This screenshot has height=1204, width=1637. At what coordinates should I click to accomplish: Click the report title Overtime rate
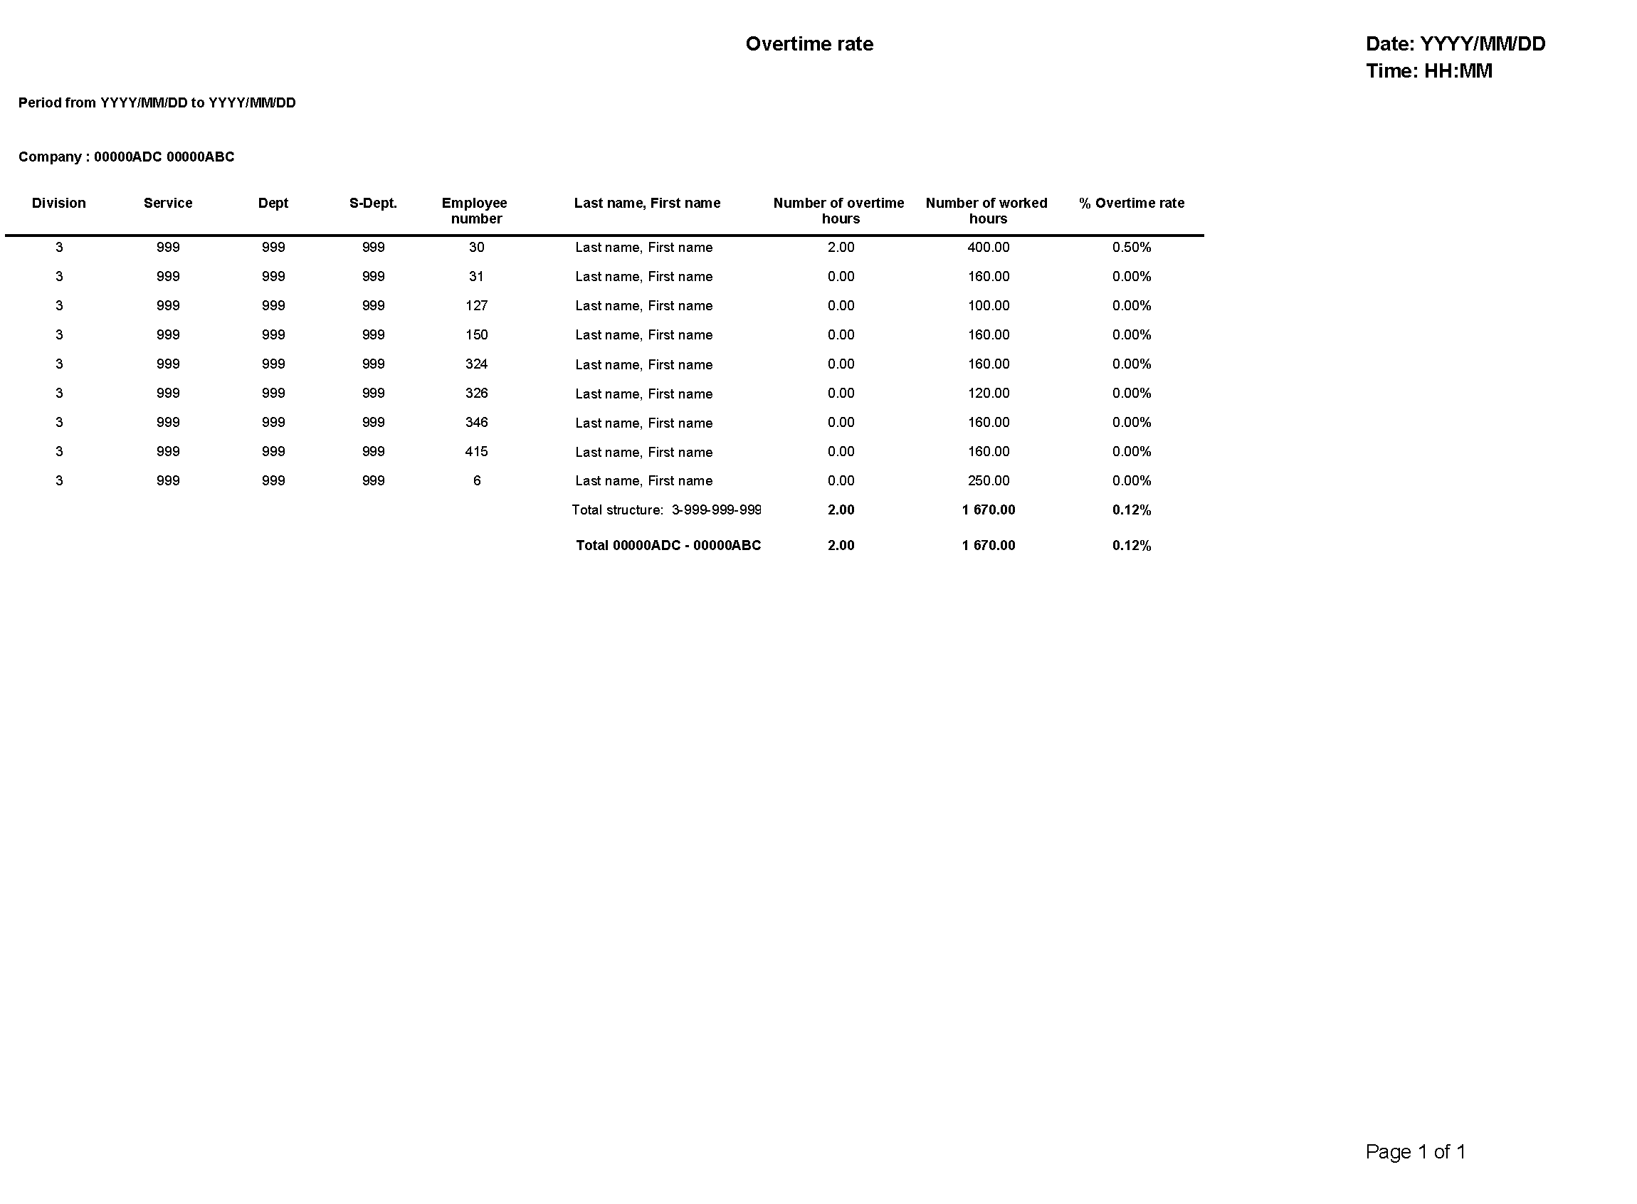point(809,43)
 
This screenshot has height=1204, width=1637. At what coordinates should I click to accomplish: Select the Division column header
point(59,203)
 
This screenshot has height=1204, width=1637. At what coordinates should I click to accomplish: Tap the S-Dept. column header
point(372,203)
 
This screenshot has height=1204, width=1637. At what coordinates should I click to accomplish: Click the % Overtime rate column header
point(1131,203)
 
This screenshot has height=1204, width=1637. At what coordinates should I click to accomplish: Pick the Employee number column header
point(475,211)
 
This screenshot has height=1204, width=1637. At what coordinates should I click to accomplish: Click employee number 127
point(476,305)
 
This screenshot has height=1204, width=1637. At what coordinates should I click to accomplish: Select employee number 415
point(476,451)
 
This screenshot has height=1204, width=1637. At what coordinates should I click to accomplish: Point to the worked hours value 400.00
point(988,247)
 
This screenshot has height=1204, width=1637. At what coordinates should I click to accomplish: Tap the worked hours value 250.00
point(988,480)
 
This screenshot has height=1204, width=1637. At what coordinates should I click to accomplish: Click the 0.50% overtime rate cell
point(1131,247)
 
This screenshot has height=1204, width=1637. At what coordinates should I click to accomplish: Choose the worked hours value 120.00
point(988,393)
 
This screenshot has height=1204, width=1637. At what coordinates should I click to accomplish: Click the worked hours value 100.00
point(988,305)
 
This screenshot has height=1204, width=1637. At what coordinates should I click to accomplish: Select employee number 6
point(477,480)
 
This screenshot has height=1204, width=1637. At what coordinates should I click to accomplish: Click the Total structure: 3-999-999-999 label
point(666,509)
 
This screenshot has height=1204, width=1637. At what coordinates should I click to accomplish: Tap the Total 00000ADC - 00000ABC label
point(668,545)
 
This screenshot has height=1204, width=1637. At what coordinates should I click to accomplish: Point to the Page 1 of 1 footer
point(1415,1151)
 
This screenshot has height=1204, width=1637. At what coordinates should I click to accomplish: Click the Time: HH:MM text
point(1428,70)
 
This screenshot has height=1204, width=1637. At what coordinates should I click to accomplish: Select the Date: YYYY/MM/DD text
point(1455,43)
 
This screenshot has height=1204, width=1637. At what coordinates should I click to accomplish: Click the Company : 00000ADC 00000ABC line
point(126,157)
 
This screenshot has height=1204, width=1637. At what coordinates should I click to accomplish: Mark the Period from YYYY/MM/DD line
point(157,102)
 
